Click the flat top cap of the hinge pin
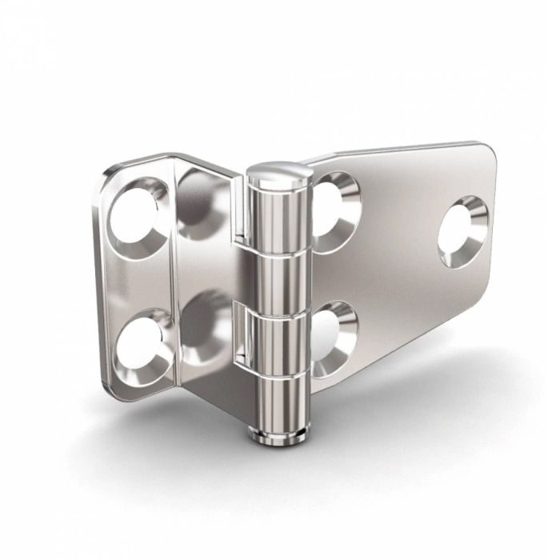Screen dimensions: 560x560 pos(276,171)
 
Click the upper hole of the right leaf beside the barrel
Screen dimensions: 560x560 pos(334,207)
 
